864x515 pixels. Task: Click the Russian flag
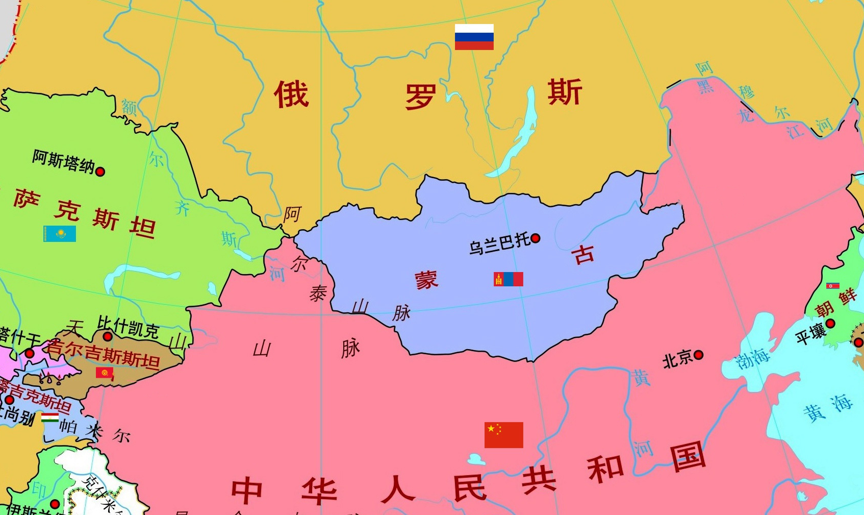(474, 37)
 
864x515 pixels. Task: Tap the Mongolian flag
(509, 279)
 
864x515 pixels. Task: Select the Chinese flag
(503, 435)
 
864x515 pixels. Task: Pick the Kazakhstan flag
(60, 234)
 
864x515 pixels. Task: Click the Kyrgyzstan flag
(105, 373)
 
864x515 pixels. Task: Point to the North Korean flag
(833, 286)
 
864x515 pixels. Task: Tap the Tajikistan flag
(50, 418)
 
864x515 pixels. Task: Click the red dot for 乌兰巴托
(536, 238)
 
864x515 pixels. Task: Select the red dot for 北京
(699, 355)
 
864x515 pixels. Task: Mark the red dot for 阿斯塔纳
(100, 171)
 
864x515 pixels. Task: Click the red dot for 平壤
(830, 323)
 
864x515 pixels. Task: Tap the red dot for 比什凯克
(108, 336)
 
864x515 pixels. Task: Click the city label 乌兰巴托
(500, 243)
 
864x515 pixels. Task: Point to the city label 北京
(677, 359)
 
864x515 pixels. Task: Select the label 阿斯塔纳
(63, 162)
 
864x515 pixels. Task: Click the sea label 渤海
(753, 359)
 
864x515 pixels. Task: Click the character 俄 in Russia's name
(291, 94)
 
